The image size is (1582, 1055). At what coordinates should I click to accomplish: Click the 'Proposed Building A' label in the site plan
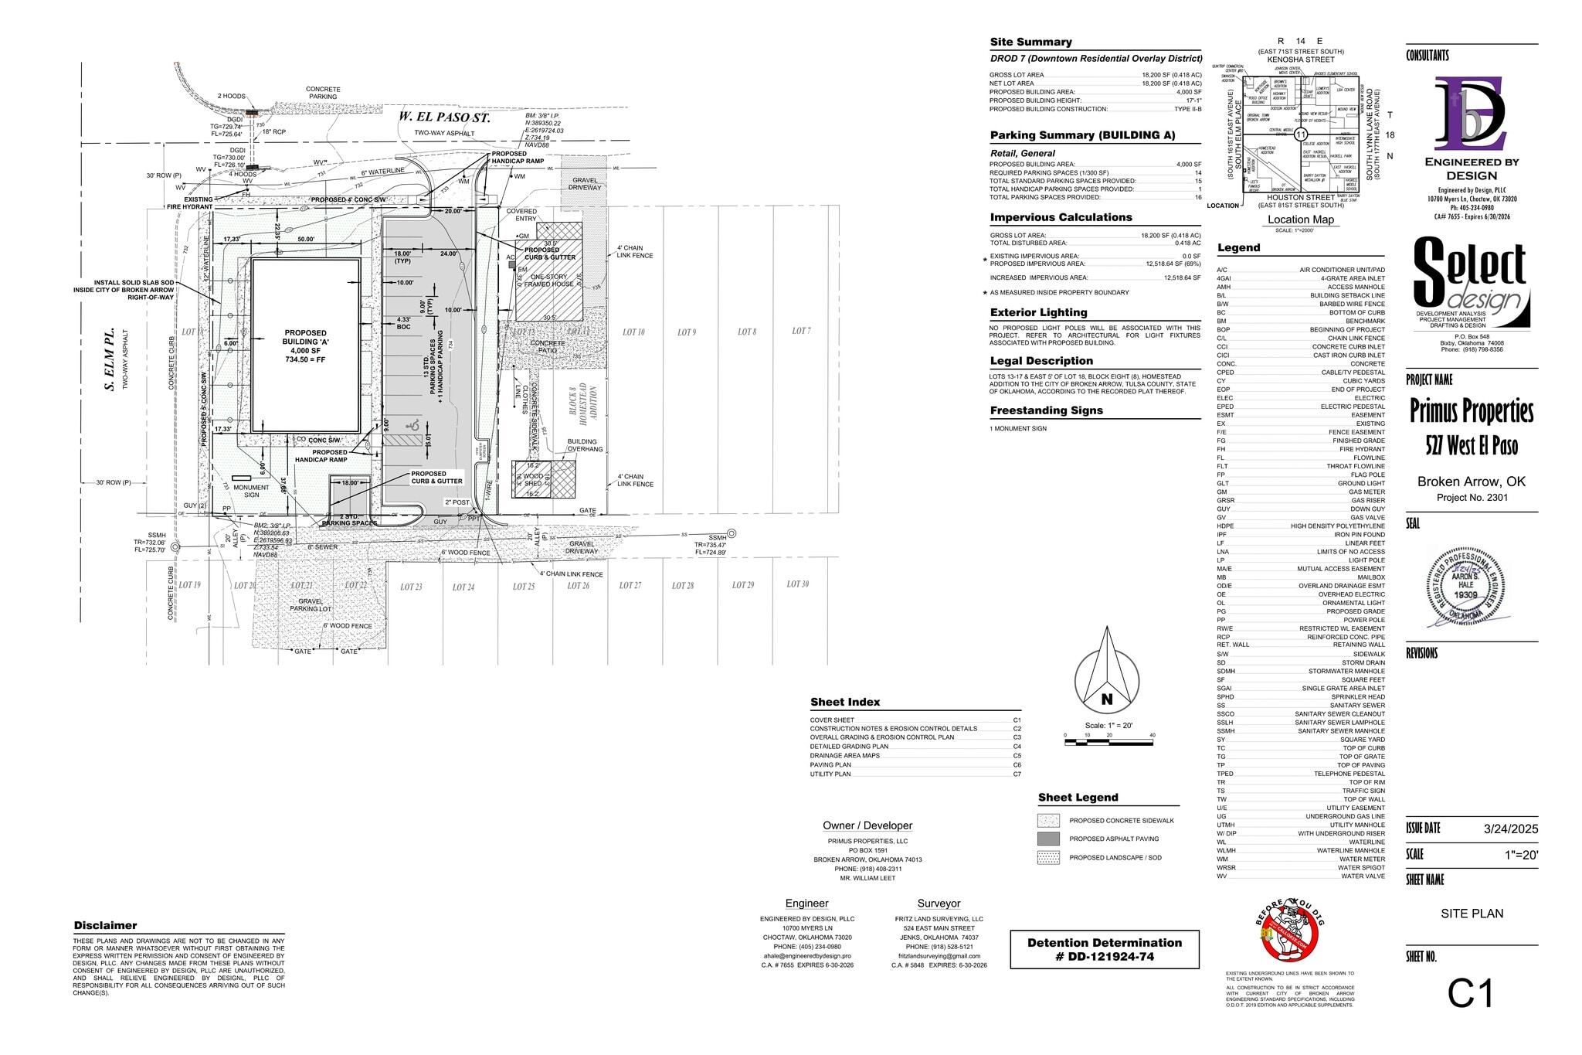(x=305, y=345)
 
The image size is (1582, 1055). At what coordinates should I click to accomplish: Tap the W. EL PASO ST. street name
(x=444, y=117)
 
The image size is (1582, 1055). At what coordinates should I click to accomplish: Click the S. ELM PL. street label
(x=110, y=357)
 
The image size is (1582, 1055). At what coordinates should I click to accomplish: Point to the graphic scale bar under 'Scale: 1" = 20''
(x=1108, y=742)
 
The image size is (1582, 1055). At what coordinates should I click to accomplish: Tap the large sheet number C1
(x=1471, y=994)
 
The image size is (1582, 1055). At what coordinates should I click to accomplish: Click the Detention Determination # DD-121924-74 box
(x=1104, y=949)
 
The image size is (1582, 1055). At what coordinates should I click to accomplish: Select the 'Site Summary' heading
(x=1030, y=42)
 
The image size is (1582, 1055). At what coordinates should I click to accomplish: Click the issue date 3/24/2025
(x=1510, y=829)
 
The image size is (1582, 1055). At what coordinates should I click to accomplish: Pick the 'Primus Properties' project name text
(x=1471, y=411)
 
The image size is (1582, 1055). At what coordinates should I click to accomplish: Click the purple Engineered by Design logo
(x=1470, y=114)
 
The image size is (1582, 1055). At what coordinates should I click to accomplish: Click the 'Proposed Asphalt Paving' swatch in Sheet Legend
(x=1048, y=839)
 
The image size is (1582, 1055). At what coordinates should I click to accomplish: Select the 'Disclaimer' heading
(x=105, y=925)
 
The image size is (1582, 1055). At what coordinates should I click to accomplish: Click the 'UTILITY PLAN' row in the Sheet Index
(x=830, y=774)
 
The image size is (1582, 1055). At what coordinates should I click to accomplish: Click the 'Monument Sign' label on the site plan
(x=251, y=491)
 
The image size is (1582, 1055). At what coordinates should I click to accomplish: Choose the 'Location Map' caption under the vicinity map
(x=1300, y=220)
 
